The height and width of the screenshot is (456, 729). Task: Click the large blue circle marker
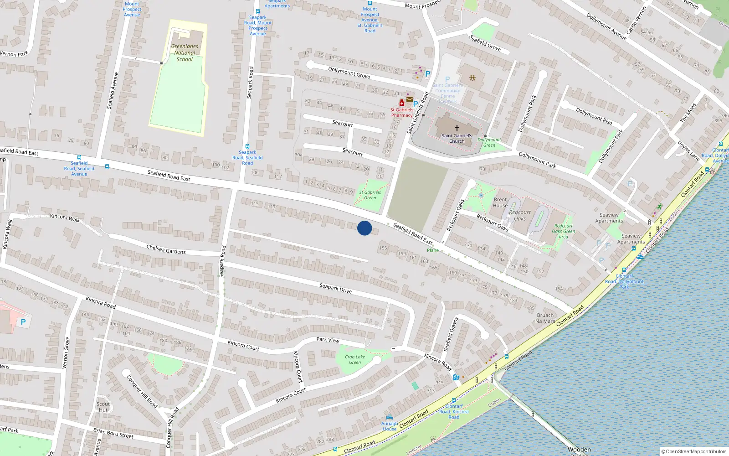coord(364,228)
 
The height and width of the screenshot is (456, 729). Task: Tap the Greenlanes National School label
coord(185,53)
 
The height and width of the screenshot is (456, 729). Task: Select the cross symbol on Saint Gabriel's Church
coord(457,128)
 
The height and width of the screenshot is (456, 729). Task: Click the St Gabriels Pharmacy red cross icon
coord(401,103)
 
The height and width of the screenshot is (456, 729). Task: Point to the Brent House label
coord(500,202)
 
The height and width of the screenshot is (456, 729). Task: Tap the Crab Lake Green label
coord(355,360)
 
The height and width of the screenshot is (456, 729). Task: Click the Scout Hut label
coord(103,407)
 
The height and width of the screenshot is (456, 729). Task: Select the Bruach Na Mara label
coord(545,318)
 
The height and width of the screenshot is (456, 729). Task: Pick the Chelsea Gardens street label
coord(166,249)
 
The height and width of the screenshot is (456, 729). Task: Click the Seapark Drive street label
coord(335,288)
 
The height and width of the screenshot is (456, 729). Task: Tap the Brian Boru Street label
coord(113,433)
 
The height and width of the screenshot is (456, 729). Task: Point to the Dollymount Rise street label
coord(594,116)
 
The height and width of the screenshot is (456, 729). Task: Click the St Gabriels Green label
coord(370,195)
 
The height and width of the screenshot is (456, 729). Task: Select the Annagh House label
coord(390,426)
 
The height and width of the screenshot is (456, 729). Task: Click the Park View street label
coord(328,340)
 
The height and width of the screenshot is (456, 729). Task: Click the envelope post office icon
coord(410,99)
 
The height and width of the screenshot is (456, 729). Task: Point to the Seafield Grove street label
coord(485,43)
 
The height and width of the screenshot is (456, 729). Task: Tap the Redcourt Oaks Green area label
coord(564,231)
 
